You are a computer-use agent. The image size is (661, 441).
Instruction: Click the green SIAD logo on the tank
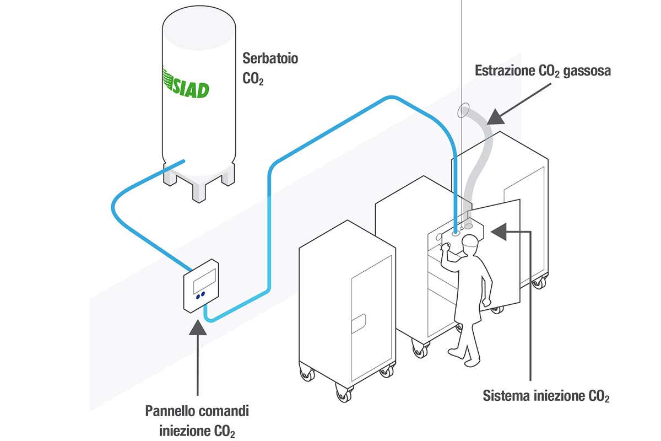point(186,88)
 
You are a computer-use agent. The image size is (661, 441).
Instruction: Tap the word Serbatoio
point(270,58)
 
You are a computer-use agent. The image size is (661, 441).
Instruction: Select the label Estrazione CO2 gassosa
point(543,72)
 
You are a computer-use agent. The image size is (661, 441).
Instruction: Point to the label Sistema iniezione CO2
point(546,396)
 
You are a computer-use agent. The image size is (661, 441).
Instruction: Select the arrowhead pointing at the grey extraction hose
point(495,117)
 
